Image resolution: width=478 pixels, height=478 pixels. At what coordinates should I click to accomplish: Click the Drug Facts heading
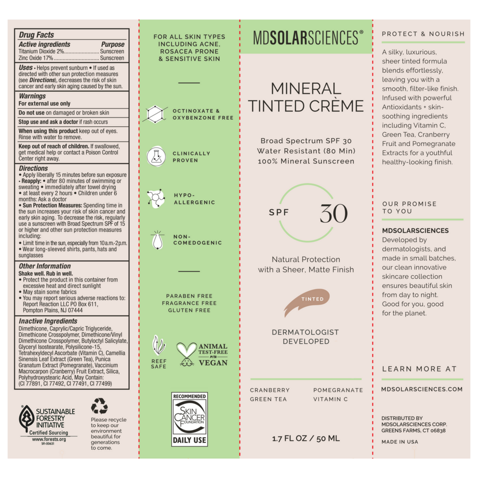pyautogui.click(x=36, y=35)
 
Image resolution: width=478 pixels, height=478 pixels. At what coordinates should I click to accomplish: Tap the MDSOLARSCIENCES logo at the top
pyautogui.click(x=306, y=37)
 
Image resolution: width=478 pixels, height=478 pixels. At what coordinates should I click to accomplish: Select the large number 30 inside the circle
pyautogui.click(x=333, y=213)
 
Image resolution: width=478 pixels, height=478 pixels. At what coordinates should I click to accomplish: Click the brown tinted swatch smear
pyautogui.click(x=307, y=302)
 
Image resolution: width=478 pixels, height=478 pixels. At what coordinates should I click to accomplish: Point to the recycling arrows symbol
pyautogui.click(x=99, y=406)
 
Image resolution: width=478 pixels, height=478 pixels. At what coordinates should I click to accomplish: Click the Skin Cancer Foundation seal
pyautogui.click(x=189, y=419)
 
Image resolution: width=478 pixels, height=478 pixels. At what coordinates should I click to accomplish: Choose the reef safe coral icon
pyautogui.click(x=158, y=345)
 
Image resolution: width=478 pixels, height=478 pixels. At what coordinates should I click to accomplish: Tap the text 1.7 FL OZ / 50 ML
pyautogui.click(x=306, y=438)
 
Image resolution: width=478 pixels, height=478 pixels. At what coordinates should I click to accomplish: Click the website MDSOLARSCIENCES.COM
pyautogui.click(x=422, y=389)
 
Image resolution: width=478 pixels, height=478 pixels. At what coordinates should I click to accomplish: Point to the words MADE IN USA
pyautogui.click(x=400, y=442)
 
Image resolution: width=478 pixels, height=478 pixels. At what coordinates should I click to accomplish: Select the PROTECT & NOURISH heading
pyautogui.click(x=423, y=34)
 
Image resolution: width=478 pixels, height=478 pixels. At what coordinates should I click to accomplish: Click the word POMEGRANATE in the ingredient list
pyautogui.click(x=338, y=390)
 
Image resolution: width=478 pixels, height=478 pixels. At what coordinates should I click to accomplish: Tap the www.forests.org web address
pyautogui.click(x=49, y=439)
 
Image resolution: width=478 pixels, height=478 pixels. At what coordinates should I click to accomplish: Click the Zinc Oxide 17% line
pyautogui.click(x=71, y=58)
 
